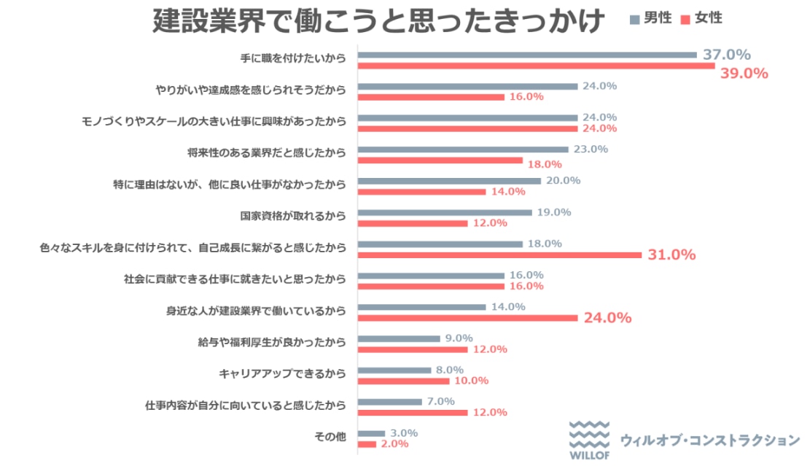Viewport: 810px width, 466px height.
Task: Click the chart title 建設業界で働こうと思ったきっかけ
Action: pyautogui.click(x=378, y=21)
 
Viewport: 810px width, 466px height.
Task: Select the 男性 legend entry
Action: pyautogui.click(x=651, y=18)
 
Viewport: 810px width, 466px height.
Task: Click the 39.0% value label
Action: pyautogui.click(x=744, y=73)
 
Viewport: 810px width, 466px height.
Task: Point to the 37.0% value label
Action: pyautogui.click(x=726, y=55)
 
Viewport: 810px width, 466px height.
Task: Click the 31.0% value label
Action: pyautogui.click(x=671, y=255)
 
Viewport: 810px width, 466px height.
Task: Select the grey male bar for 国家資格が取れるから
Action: pyautogui.click(x=445, y=212)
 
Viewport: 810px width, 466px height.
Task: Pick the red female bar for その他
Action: pyautogui.click(x=367, y=444)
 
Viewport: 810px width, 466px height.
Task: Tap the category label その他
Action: pyautogui.click(x=329, y=438)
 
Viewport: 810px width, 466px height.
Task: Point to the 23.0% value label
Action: pyautogui.click(x=590, y=149)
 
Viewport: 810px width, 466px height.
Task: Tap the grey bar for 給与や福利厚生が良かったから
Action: pyautogui.click(x=400, y=338)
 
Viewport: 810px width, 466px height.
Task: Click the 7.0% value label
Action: pyautogui.click(x=440, y=401)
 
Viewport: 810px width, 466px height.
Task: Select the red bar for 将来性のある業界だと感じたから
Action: pyautogui.click(x=440, y=160)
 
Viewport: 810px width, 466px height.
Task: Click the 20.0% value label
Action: pyautogui.click(x=562, y=180)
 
